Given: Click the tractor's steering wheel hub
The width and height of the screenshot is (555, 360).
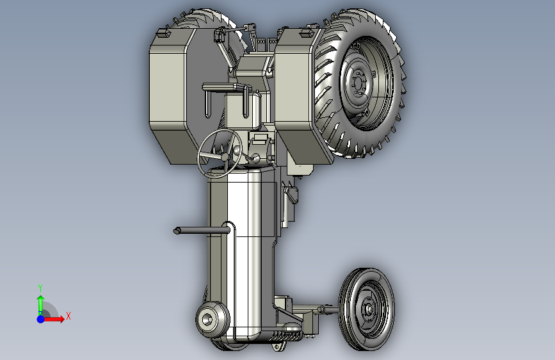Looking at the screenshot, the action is pyautogui.click(x=225, y=156).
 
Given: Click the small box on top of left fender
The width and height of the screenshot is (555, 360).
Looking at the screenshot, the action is pyautogui.click(x=163, y=33).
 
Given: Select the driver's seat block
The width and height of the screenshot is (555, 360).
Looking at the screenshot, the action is pyautogui.click(x=242, y=106).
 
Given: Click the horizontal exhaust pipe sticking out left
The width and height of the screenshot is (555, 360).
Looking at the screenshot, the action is pyautogui.click(x=202, y=231).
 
